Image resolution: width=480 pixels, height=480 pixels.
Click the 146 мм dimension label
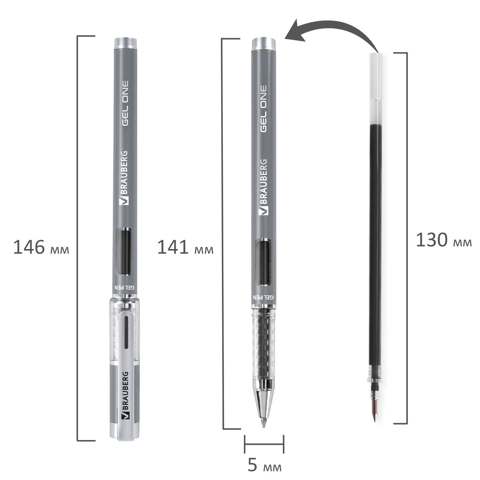pos(41,248)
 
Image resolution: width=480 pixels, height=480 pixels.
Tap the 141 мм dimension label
pos(185,248)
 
